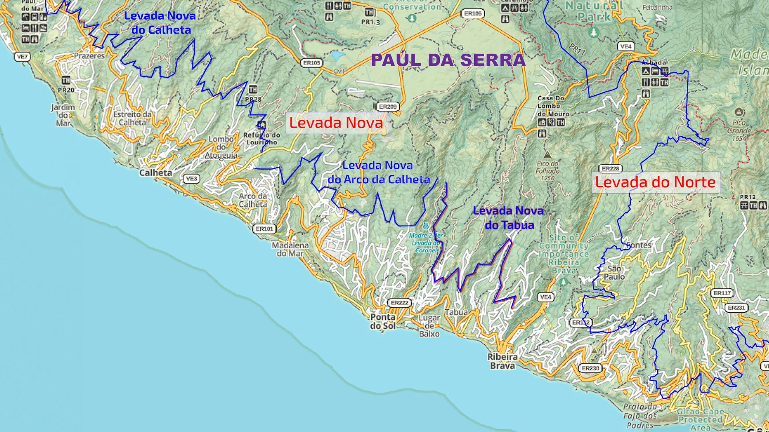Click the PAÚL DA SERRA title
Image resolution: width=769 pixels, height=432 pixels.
click(x=448, y=60)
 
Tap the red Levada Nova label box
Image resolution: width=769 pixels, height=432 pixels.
click(x=336, y=123)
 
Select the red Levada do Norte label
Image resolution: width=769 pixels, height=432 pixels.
click(x=655, y=182)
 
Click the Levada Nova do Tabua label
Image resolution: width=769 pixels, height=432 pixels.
click(x=508, y=218)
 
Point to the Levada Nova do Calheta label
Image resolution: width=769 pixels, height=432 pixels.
click(x=160, y=23)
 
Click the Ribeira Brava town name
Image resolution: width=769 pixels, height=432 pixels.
click(x=502, y=361)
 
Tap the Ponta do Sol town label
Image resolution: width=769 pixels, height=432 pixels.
click(x=382, y=321)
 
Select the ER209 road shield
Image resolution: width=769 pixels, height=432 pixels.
click(x=388, y=107)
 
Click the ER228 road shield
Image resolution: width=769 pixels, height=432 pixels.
click(x=610, y=168)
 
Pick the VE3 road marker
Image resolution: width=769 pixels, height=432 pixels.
click(x=191, y=178)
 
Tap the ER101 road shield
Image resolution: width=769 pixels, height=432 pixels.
click(x=264, y=229)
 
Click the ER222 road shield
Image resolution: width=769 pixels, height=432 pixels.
click(x=399, y=303)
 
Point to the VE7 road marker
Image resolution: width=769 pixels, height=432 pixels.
click(x=22, y=57)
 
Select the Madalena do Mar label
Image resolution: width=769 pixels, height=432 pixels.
click(x=290, y=249)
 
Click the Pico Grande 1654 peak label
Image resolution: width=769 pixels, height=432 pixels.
click(x=739, y=130)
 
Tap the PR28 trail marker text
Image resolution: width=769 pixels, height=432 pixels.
click(x=253, y=99)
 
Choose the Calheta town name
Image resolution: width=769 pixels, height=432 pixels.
click(x=155, y=173)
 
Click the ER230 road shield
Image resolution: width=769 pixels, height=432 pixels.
click(x=590, y=368)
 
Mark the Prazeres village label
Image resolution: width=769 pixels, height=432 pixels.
click(x=89, y=56)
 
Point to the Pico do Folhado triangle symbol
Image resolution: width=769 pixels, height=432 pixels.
click(x=547, y=155)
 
